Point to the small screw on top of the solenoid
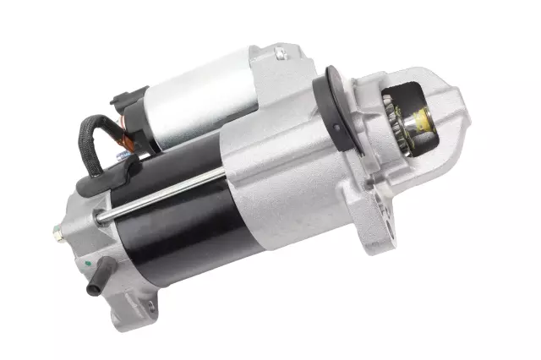[278, 54]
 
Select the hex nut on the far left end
[58, 230]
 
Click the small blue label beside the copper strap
[123, 155]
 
